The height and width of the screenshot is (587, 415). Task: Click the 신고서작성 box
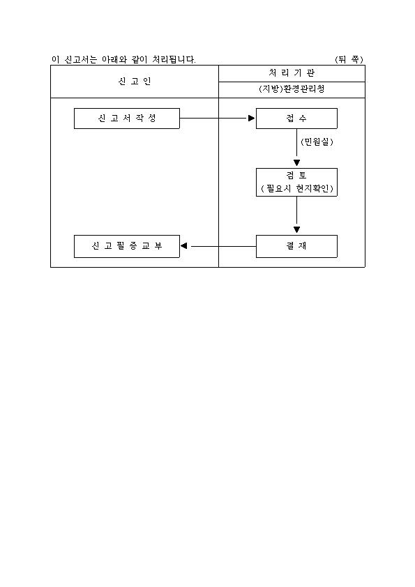pos(127,119)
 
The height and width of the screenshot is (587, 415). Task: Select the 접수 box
pos(296,119)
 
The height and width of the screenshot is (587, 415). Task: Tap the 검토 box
pos(296,182)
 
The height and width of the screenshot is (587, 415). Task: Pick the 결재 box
pos(296,246)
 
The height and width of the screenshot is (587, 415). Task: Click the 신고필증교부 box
pos(127,246)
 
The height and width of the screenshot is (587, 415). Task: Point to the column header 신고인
pos(135,82)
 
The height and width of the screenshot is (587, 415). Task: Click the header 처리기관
pos(292,73)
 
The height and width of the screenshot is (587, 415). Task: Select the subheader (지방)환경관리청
pos(292,89)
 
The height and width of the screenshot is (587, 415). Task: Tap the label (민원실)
pos(317,142)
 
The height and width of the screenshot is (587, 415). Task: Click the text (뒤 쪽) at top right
pos(349,59)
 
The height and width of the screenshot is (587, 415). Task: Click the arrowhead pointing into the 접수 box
pos(251,119)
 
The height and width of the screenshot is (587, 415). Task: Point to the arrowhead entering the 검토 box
pos(296,163)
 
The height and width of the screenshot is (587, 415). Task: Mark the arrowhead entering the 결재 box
pos(296,229)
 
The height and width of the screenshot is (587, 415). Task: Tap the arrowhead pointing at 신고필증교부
pos(183,246)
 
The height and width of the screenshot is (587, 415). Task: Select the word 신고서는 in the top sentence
pos(81,59)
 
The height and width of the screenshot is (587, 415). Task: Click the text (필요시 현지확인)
pos(296,188)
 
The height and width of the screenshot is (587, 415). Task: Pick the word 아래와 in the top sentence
pos(114,59)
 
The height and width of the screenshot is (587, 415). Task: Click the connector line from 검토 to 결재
pos(296,211)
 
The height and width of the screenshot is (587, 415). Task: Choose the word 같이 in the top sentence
pos(139,59)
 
